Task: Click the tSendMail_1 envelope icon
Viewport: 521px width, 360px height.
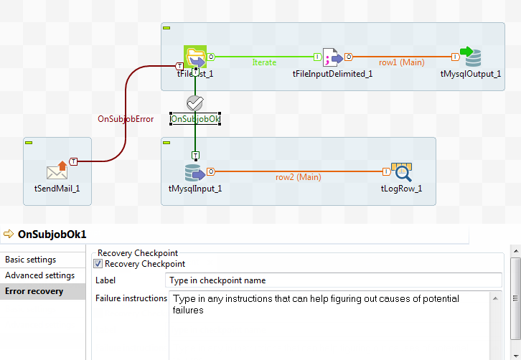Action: click(57, 171)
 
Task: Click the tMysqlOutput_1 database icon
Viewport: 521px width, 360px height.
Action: click(470, 57)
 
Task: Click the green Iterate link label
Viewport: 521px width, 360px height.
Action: click(264, 62)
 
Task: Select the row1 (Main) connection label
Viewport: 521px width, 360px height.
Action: click(402, 62)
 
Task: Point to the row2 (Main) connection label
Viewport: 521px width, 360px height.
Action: click(299, 177)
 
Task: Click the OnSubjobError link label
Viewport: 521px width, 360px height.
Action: click(126, 119)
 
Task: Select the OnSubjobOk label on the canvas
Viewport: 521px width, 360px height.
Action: click(194, 118)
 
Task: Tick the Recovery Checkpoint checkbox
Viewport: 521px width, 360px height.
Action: click(99, 264)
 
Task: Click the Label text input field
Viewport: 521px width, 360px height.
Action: click(334, 280)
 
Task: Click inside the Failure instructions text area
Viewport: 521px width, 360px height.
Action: click(334, 323)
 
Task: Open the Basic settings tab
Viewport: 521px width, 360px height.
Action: click(30, 260)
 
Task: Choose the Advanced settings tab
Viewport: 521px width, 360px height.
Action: click(39, 275)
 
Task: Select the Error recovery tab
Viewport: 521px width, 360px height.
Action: click(34, 291)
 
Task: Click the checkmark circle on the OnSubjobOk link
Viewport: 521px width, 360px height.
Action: click(194, 103)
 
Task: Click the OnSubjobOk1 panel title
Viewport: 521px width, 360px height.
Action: click(52, 235)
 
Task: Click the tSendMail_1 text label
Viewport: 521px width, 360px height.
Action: click(57, 189)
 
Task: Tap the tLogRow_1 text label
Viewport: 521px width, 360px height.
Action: click(401, 189)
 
